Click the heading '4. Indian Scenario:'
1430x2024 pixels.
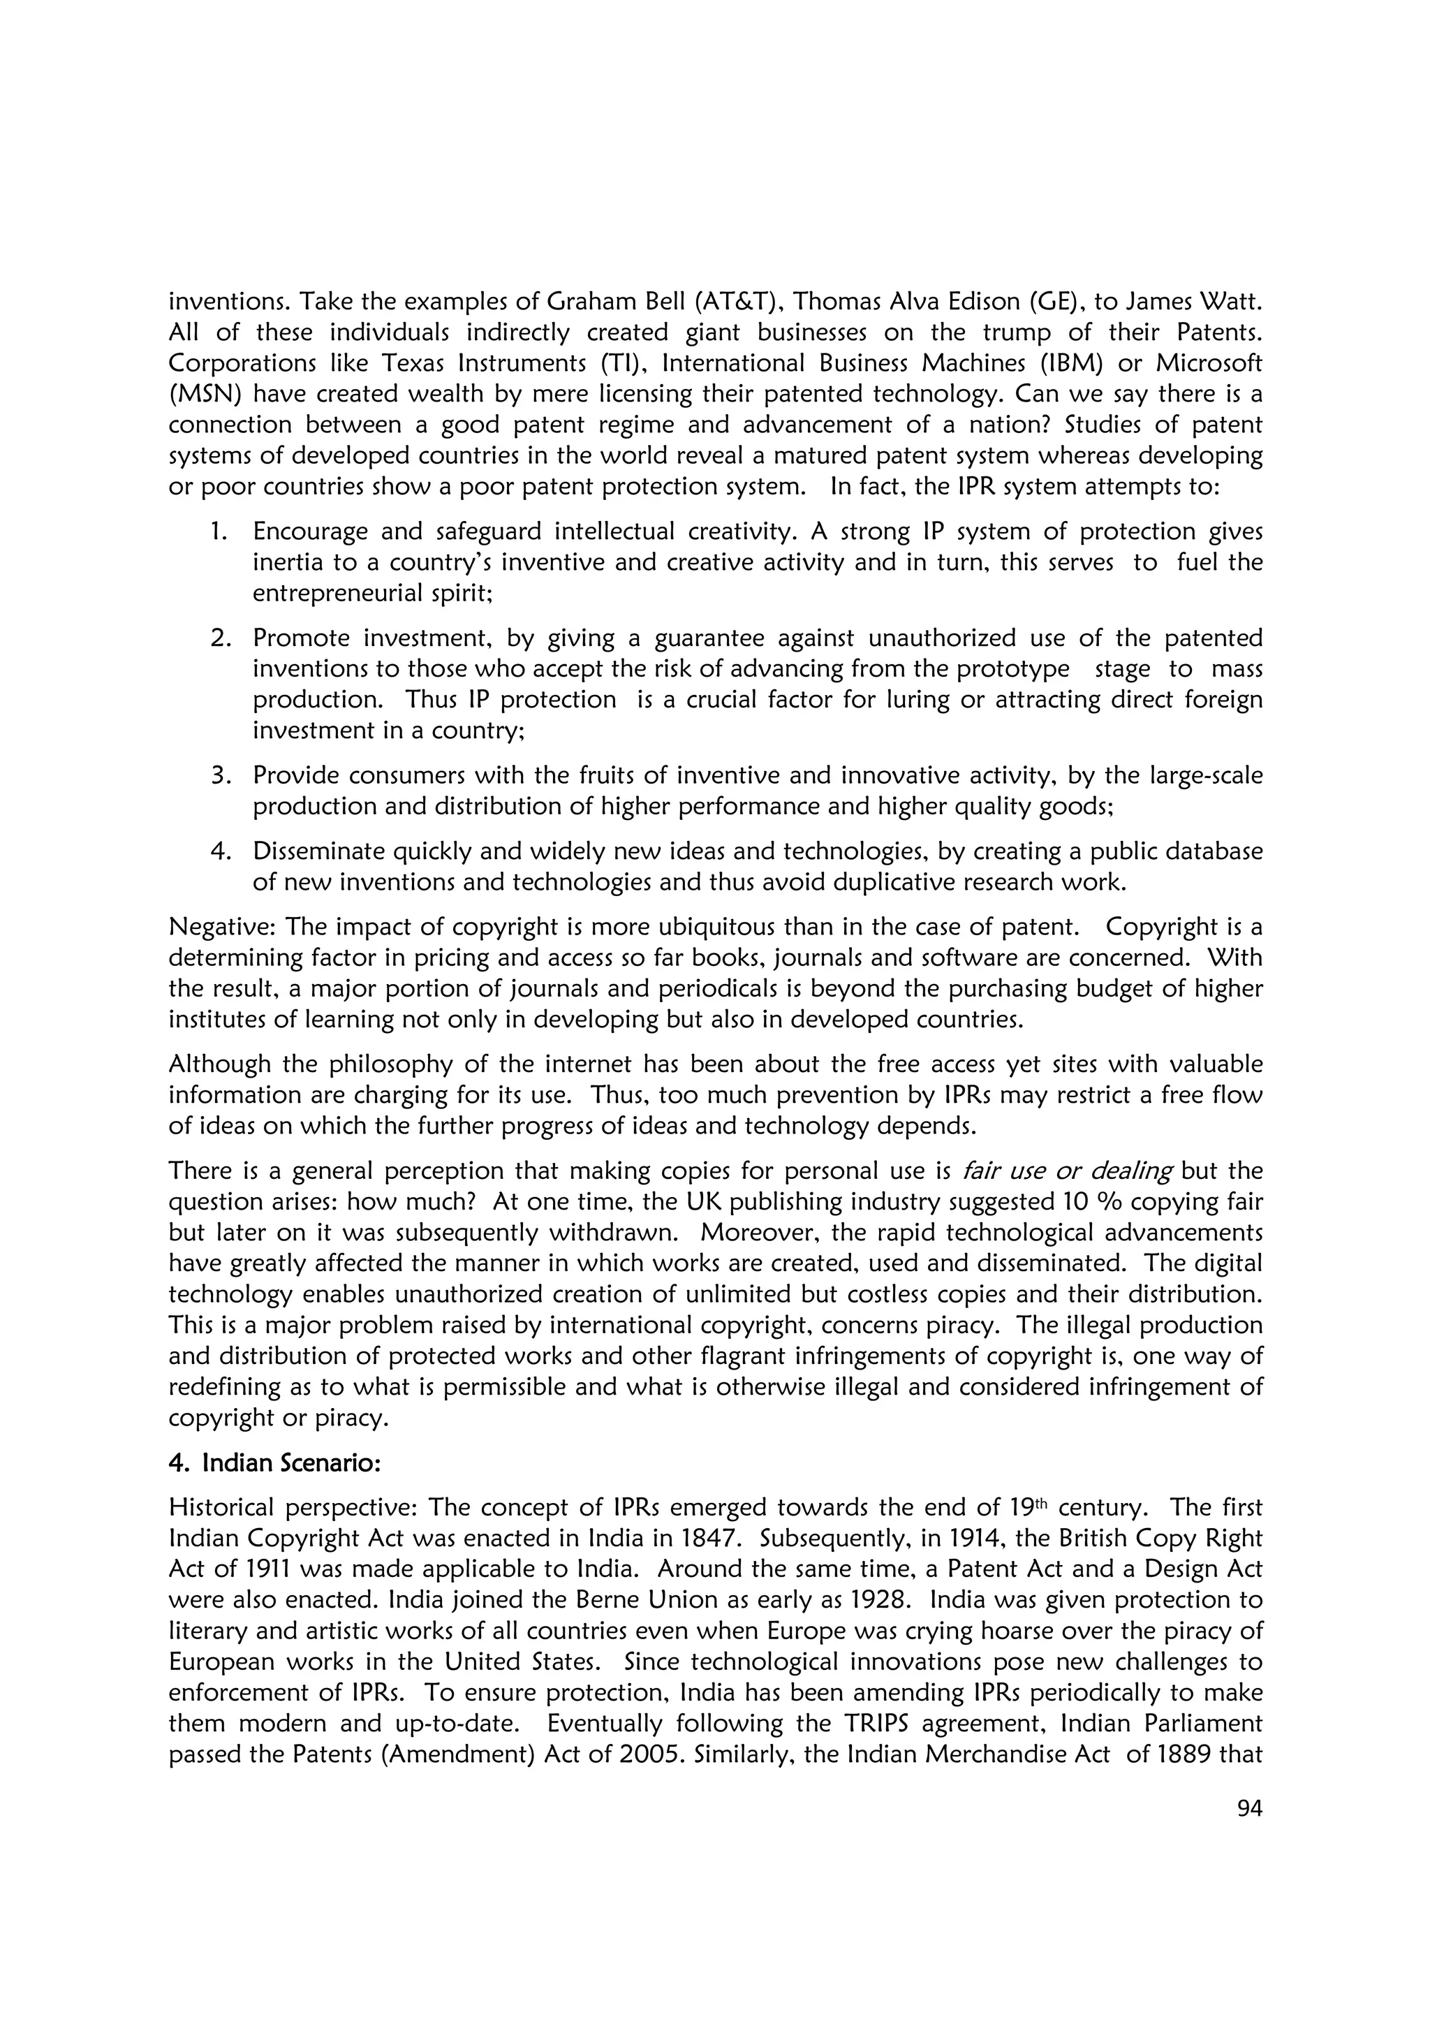tap(274, 1462)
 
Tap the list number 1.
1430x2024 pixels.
tap(219, 531)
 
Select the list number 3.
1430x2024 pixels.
tap(219, 776)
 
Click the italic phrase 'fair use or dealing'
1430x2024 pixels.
tap(1067, 1171)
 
